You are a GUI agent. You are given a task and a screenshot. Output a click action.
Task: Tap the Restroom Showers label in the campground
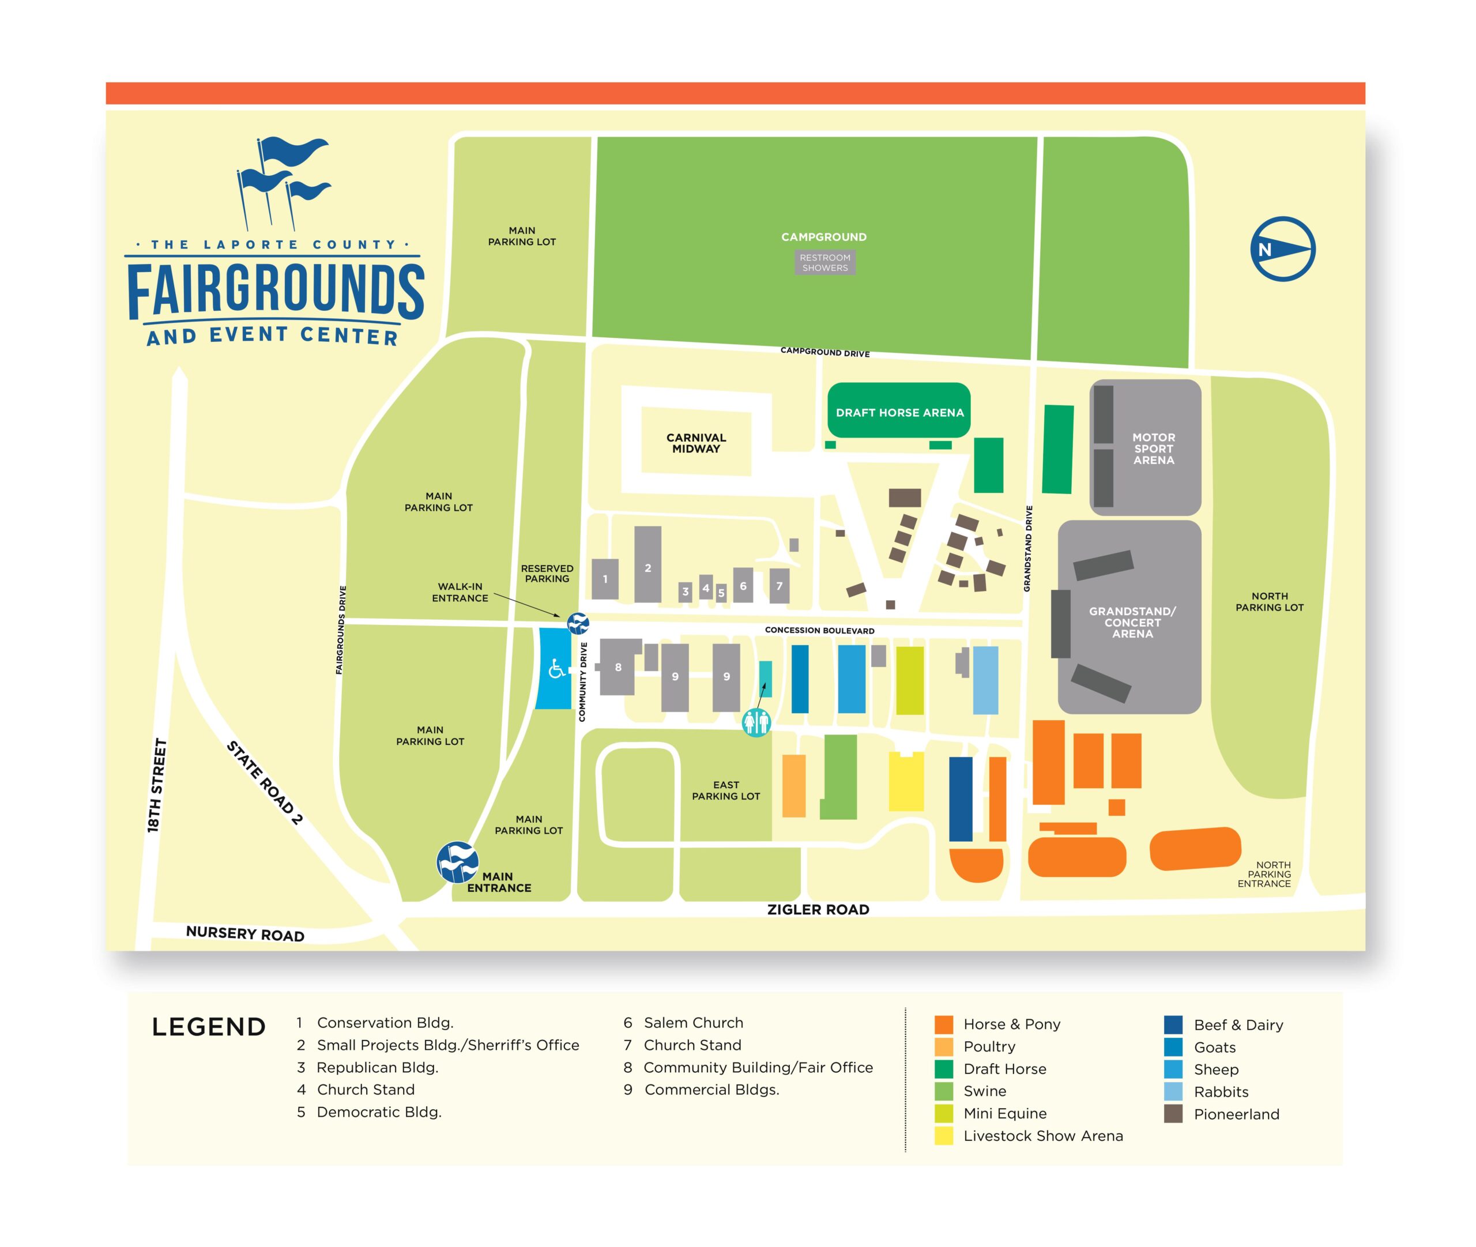pyautogui.click(x=824, y=262)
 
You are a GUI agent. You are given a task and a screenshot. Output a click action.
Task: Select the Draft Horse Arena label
pyautogui.click(x=899, y=412)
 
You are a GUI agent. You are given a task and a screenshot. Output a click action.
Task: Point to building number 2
pyautogui.click(x=647, y=566)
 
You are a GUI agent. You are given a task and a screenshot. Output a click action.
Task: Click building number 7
pyautogui.click(x=779, y=585)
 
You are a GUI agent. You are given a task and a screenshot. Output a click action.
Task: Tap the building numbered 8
pyautogui.click(x=619, y=666)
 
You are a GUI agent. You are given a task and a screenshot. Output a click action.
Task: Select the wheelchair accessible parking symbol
pyautogui.click(x=556, y=668)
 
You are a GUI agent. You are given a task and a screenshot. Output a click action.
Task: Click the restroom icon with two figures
pyautogui.click(x=756, y=722)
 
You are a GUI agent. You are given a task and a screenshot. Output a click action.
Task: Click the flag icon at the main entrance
pyautogui.click(x=457, y=862)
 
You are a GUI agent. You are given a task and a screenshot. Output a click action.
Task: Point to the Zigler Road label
pyautogui.click(x=818, y=910)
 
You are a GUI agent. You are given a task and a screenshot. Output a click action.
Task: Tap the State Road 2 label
pyautogui.click(x=265, y=782)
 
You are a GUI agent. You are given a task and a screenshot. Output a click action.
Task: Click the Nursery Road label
pyautogui.click(x=245, y=933)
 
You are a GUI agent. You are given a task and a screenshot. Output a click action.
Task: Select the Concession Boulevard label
pyautogui.click(x=819, y=630)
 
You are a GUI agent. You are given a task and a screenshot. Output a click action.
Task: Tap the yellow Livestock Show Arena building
pyautogui.click(x=906, y=782)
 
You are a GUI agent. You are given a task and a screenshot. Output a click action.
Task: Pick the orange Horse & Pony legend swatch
pyautogui.click(x=943, y=1024)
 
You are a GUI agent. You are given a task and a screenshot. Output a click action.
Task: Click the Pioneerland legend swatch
pyautogui.click(x=1173, y=1114)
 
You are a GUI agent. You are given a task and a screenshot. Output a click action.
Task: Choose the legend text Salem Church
pyautogui.click(x=693, y=1023)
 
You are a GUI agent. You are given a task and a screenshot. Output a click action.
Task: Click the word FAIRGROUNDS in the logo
pyautogui.click(x=276, y=291)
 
